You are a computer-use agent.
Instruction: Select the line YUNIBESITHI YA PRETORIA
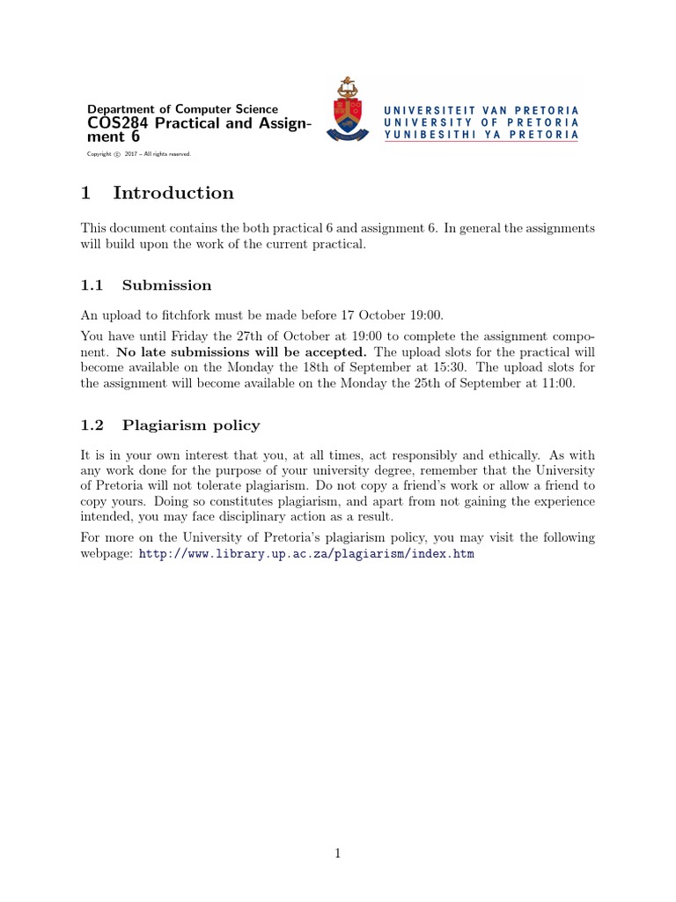[481, 135]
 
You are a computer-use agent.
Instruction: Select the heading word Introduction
[173, 193]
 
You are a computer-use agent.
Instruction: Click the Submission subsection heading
[166, 285]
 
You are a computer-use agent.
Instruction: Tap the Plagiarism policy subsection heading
[191, 425]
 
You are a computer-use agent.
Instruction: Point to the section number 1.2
[92, 425]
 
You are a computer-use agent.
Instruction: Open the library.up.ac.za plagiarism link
[306, 554]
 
